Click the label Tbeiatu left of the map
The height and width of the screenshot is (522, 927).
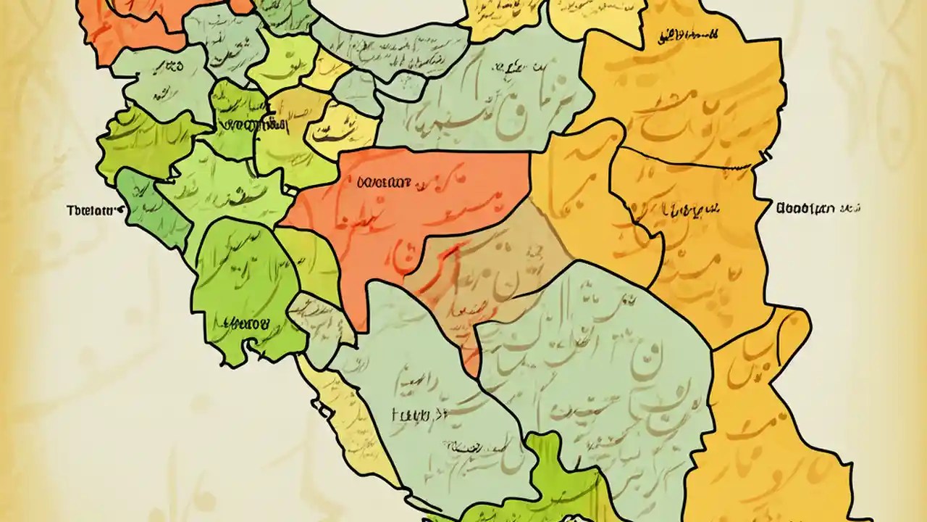[x=91, y=211]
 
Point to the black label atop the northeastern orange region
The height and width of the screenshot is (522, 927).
[x=687, y=34]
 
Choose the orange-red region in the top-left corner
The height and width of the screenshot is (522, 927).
[x=123, y=25]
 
